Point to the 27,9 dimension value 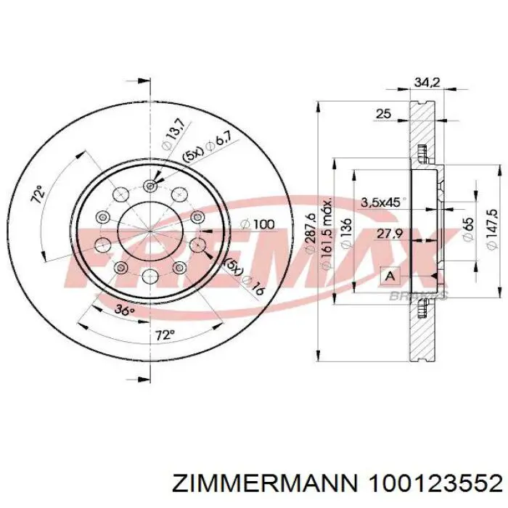tap(390, 234)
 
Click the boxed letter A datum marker tap(390, 276)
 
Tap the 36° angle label tap(125, 310)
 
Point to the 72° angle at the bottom tap(165, 335)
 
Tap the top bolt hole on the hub tap(150, 185)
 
